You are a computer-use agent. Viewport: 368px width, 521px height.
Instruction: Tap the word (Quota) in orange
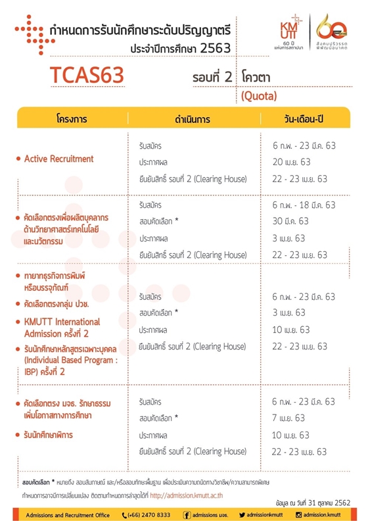pyautogui.click(x=259, y=96)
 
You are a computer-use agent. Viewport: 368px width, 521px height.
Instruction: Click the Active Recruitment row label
pyautogui.click(x=58, y=159)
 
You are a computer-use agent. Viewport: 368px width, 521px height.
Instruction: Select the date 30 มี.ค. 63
pyautogui.click(x=289, y=221)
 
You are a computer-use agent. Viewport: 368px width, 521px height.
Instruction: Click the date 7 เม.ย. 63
pyautogui.click(x=288, y=418)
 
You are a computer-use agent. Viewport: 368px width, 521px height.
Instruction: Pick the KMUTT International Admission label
pyautogui.click(x=62, y=328)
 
